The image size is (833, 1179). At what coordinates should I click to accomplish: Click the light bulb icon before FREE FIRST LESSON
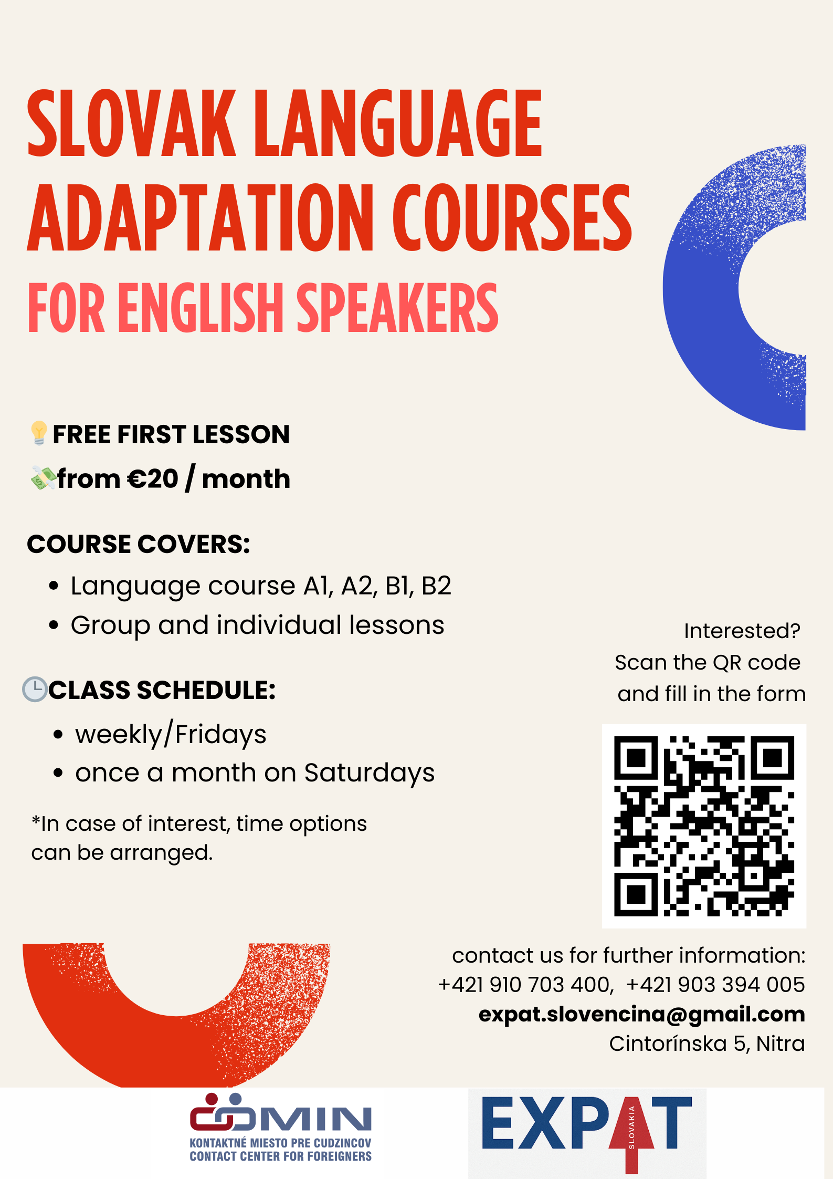tap(39, 433)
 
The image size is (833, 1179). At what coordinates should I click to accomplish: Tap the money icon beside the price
tap(44, 478)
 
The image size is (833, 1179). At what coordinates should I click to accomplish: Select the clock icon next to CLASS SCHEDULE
tap(35, 689)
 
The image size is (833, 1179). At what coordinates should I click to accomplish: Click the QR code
tap(704, 826)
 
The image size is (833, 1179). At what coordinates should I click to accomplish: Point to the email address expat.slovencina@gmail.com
tap(641, 1015)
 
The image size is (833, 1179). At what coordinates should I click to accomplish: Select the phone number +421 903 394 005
tap(715, 985)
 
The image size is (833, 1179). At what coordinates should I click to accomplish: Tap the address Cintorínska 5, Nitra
tap(707, 1044)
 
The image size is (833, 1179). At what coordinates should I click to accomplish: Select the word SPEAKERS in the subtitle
tap(397, 308)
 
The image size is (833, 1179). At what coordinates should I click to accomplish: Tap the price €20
tap(153, 479)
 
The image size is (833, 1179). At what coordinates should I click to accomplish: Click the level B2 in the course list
tap(436, 586)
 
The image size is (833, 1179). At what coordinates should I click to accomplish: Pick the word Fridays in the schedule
tap(220, 735)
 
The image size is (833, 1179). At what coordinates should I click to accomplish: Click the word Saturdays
tap(370, 773)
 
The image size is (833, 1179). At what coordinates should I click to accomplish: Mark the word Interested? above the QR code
tap(742, 631)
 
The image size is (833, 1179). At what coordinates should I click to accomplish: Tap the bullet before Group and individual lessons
tap(54, 625)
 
